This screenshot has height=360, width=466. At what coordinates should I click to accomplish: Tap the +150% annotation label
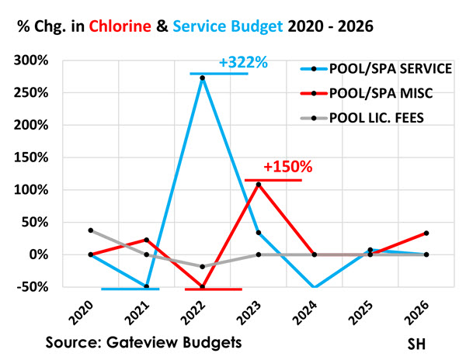tap(287, 167)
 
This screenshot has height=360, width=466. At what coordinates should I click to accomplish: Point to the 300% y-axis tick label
tap(33, 61)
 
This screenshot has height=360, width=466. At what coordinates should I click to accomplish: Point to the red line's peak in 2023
tap(259, 185)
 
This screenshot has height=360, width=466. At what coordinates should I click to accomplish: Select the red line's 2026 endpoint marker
tap(427, 233)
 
